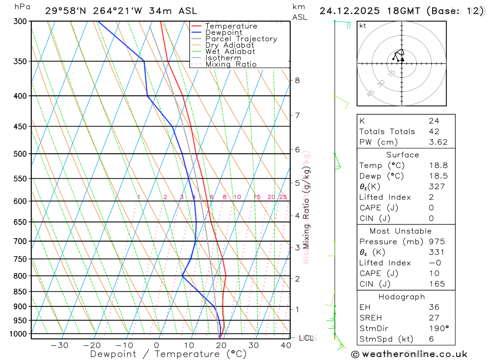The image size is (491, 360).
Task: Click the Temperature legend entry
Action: [231, 26]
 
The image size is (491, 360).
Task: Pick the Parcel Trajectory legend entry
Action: [241, 39]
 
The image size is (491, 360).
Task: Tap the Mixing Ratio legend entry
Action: [231, 64]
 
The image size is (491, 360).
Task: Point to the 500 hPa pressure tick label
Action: [20, 154]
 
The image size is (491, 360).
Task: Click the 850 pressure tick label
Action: [20, 292]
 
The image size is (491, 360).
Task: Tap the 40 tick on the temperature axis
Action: [286, 345]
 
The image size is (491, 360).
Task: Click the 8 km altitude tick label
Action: [297, 81]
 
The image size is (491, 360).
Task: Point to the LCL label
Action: [306, 338]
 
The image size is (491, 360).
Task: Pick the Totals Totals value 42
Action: [434, 131]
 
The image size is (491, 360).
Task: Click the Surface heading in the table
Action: [403, 155]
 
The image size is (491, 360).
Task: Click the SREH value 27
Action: [434, 318]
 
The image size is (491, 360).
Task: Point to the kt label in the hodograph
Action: [362, 26]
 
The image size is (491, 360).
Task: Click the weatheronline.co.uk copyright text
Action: [409, 354]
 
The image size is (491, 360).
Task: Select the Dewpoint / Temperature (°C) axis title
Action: [168, 354]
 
